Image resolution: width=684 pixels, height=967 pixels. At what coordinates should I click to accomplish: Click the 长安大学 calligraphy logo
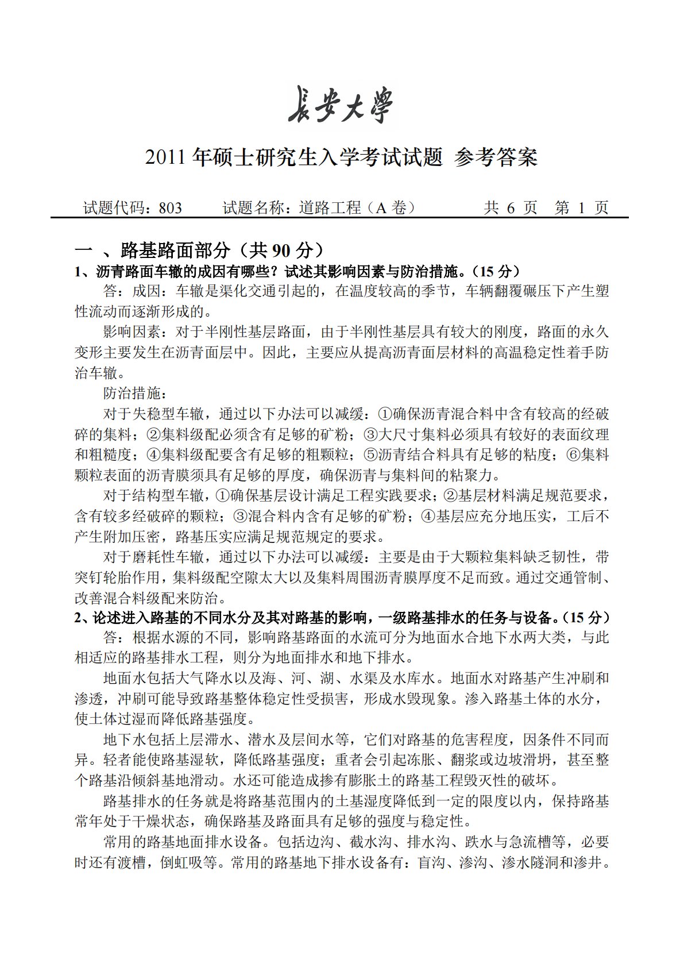coord(341,105)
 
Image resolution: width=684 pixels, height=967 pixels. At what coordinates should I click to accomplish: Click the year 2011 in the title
coord(167,157)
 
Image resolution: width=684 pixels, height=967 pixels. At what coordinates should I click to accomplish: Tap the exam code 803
coord(170,208)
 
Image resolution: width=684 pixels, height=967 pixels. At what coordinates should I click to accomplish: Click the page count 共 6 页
coord(510,208)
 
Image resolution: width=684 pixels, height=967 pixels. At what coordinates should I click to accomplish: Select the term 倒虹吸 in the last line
coord(181,863)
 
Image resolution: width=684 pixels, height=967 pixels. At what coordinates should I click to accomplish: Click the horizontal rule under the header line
coord(339,218)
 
